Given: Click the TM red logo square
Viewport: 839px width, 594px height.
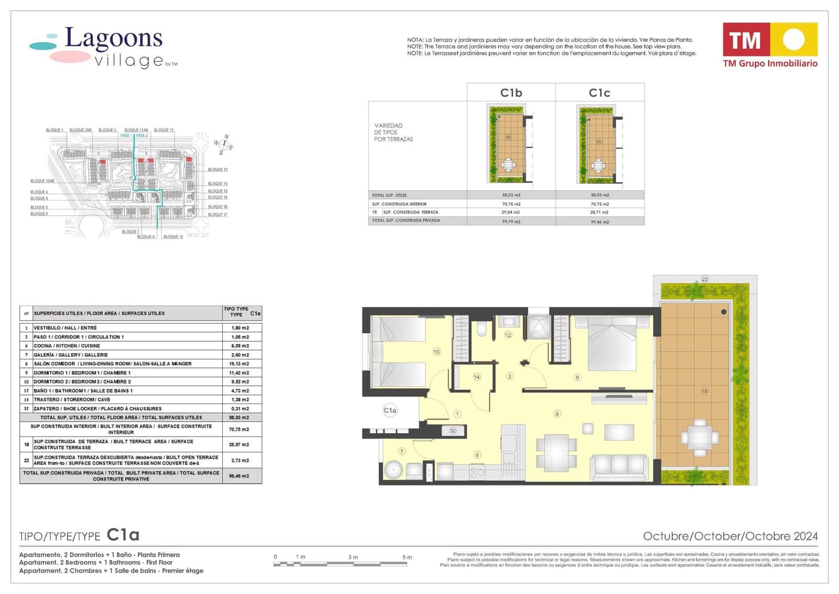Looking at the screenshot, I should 746,39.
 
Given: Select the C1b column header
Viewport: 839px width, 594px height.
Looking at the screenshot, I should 511,93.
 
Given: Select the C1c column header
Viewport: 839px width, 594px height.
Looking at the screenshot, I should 599,93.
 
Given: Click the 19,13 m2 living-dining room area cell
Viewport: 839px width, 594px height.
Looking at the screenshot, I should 240,364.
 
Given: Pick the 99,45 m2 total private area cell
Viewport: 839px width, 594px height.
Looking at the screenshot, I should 239,476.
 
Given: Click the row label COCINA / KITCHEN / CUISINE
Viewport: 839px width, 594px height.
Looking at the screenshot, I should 67,346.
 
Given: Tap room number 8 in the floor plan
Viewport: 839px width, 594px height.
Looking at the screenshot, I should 557,413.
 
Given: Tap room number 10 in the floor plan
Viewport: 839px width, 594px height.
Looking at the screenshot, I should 436,352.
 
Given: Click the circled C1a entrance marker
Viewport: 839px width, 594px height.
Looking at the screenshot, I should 390,410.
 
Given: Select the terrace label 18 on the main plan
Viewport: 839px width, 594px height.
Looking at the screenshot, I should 704,391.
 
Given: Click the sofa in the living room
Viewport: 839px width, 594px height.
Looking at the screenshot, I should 619,466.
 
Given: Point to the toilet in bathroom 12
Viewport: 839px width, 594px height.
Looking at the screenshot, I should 482,330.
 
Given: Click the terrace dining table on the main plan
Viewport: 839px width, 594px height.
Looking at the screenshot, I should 700,437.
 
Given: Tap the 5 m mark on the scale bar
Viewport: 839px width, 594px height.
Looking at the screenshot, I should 407,557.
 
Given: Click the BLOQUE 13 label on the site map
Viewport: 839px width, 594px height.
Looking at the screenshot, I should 218,169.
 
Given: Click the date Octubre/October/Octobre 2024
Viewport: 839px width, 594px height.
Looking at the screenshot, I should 730,536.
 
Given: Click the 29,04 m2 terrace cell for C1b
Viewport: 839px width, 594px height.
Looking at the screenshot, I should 511,213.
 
